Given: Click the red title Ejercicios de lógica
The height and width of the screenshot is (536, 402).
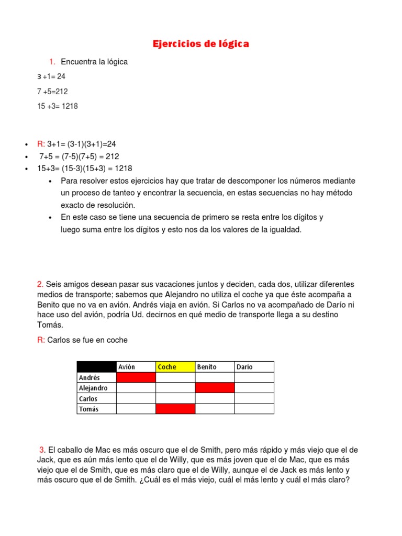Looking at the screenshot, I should click(x=200, y=44).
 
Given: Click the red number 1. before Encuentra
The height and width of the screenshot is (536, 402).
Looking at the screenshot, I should click(x=53, y=62).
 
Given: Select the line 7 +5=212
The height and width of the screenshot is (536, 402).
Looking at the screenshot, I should click(x=53, y=91).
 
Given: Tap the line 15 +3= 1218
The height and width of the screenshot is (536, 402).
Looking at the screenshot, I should click(x=58, y=106).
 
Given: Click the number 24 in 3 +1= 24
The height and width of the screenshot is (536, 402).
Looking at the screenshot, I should click(x=61, y=76).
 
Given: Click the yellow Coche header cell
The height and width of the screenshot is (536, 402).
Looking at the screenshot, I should click(x=167, y=367).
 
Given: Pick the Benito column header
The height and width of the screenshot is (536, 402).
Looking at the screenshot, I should click(x=207, y=367).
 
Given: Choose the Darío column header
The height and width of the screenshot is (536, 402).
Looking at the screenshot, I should click(x=244, y=367).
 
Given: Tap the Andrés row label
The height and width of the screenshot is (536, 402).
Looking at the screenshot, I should click(x=89, y=377).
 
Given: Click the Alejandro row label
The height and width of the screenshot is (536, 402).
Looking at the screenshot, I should click(x=93, y=388).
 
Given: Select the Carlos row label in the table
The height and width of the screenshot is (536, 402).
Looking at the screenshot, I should click(x=88, y=398).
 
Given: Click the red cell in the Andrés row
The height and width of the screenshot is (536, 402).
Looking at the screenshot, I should click(x=136, y=377).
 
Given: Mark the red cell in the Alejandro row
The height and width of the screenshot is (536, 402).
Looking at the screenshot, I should click(x=215, y=388).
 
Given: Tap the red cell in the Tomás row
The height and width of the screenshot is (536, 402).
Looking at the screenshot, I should click(x=175, y=409).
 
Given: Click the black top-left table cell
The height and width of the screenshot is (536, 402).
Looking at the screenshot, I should click(x=96, y=367).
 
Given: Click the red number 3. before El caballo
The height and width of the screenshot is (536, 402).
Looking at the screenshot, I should click(x=42, y=450).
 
